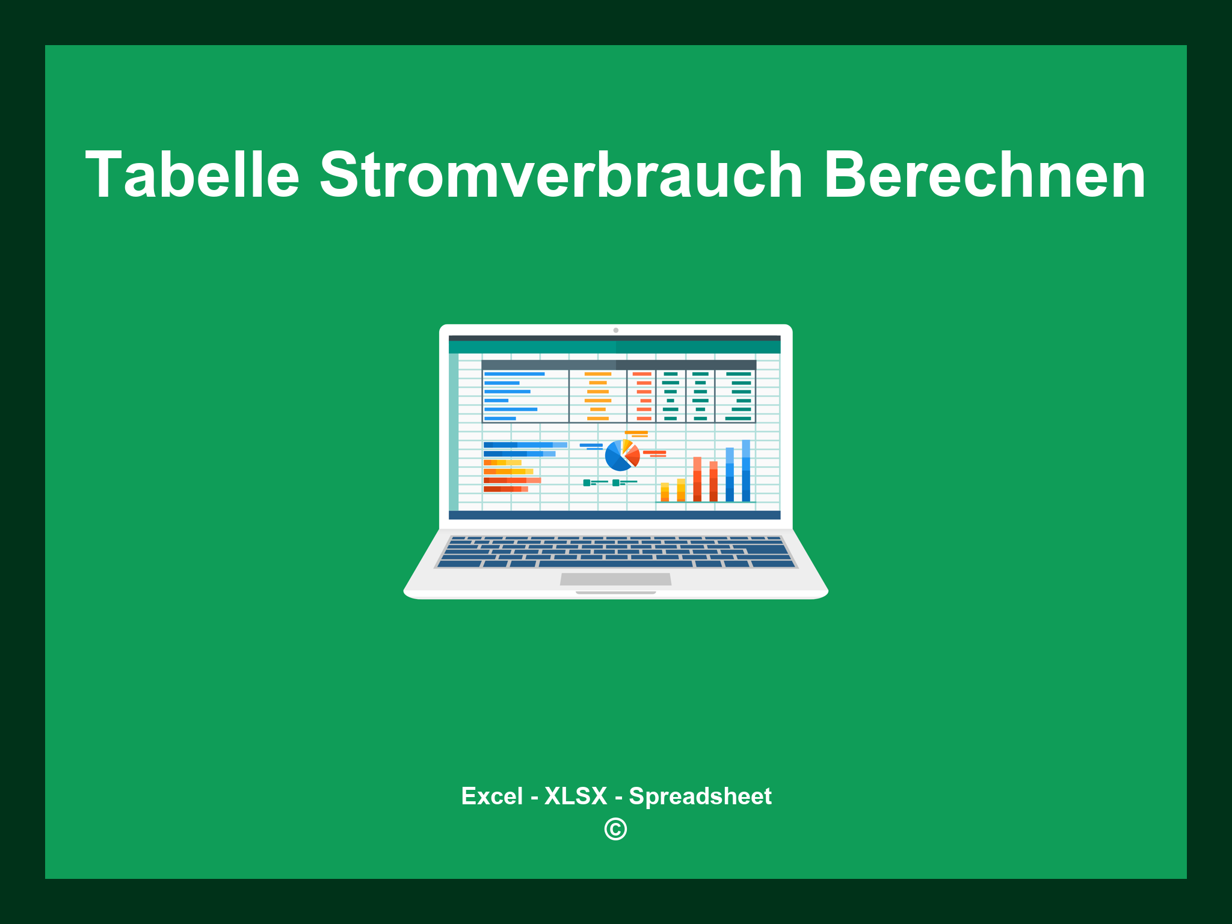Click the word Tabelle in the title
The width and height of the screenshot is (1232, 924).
click(x=192, y=175)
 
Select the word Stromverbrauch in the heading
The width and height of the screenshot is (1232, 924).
click(x=561, y=175)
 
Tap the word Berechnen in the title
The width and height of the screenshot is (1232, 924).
click(x=984, y=175)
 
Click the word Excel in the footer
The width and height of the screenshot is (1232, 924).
click(x=491, y=796)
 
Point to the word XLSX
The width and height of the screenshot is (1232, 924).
click(x=576, y=796)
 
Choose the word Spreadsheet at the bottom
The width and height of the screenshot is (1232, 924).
click(x=700, y=796)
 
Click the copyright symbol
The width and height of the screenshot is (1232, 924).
click(x=615, y=830)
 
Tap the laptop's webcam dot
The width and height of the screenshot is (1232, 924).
click(x=615, y=330)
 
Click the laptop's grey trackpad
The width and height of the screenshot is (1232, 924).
click(x=615, y=579)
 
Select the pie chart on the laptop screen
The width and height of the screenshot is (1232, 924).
click(x=621, y=456)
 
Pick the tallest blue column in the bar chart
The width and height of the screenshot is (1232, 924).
click(x=746, y=470)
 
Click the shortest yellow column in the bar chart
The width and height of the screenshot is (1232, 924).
click(x=665, y=491)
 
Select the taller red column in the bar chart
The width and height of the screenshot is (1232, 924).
click(x=697, y=479)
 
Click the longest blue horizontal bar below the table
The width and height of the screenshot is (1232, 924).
click(x=525, y=445)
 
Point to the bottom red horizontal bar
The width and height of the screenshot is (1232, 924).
click(x=505, y=489)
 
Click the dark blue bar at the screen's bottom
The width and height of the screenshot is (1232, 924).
click(x=614, y=515)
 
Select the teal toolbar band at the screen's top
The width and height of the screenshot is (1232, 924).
click(x=614, y=348)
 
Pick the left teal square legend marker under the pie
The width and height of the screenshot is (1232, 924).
click(x=587, y=482)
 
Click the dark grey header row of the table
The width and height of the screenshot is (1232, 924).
click(x=618, y=365)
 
